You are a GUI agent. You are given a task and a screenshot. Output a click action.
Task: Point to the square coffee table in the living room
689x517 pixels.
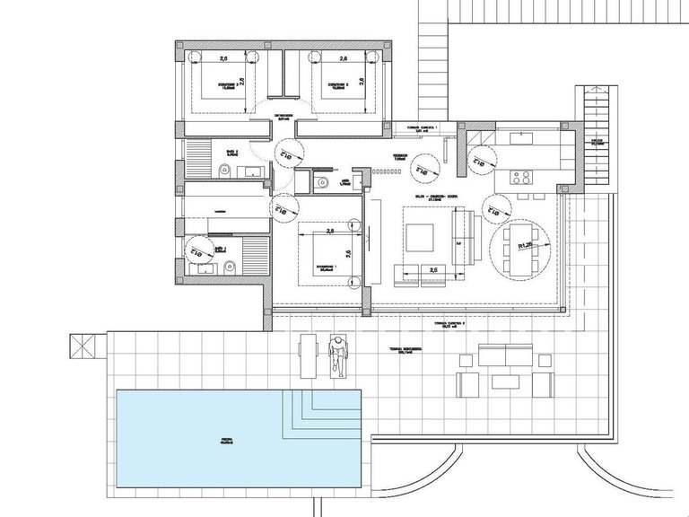pyautogui.click(x=420, y=238)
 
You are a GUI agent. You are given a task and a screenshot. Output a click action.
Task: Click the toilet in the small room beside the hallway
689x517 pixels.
pyautogui.click(x=319, y=184)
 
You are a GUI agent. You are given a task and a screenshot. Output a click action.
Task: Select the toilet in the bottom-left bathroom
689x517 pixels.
pyautogui.click(x=231, y=264)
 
